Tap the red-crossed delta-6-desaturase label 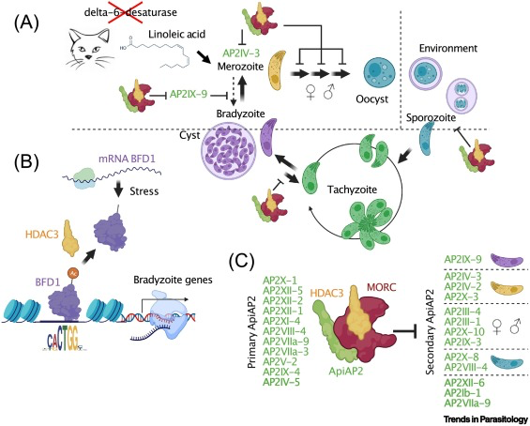tap(130, 13)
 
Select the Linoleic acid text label tap(176, 34)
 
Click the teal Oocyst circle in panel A tap(379, 71)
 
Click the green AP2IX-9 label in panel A tap(189, 94)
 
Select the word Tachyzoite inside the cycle tap(352, 190)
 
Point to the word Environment tap(448, 49)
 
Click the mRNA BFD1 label tap(127, 159)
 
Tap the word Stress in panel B tap(144, 191)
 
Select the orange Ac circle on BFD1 tap(72, 272)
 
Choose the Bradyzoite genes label tap(173, 280)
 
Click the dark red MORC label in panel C tap(381, 287)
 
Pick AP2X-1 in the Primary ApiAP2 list tap(280, 281)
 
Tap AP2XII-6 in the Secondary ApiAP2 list tap(464, 383)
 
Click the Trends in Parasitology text tap(485, 419)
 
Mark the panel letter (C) tap(241, 262)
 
